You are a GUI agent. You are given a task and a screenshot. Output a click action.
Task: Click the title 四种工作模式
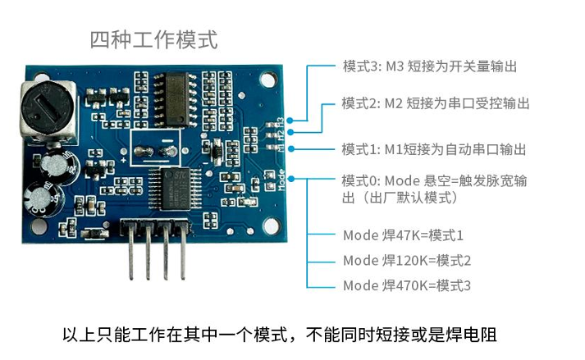(153, 40)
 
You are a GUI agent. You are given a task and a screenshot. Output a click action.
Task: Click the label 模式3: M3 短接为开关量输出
(430, 66)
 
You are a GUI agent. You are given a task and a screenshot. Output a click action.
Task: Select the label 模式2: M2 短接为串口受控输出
(436, 103)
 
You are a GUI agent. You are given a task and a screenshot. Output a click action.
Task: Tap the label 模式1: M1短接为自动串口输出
(434, 149)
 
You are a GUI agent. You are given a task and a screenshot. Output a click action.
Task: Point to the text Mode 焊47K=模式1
(403, 235)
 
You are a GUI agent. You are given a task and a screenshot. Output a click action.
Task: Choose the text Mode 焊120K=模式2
(407, 261)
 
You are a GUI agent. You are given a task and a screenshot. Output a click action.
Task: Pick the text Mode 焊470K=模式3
(407, 285)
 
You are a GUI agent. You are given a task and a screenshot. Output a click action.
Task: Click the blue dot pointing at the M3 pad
(290, 120)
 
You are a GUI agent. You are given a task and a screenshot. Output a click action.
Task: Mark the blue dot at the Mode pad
(291, 179)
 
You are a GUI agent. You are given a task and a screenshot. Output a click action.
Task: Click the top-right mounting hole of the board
(268, 80)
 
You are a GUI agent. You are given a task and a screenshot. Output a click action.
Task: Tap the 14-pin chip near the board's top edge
(176, 99)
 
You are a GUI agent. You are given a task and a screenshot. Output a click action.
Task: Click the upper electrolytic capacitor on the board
(58, 166)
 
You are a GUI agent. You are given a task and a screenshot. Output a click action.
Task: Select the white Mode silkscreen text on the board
(281, 180)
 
